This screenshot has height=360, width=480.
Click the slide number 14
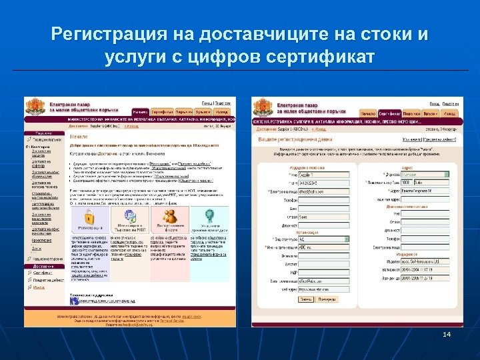(447, 333)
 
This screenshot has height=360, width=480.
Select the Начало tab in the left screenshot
(140, 111)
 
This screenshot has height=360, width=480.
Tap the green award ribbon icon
(209, 217)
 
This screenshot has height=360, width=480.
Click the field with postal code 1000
(410, 182)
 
